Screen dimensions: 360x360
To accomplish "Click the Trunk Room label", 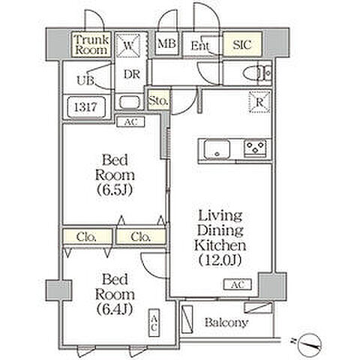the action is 91,45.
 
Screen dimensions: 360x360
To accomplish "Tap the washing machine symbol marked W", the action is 129,46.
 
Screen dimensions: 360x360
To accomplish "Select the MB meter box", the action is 166,44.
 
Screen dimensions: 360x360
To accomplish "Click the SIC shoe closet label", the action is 242,45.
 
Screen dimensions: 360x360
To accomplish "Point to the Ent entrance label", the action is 200,46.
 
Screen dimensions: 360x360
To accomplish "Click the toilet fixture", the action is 257,73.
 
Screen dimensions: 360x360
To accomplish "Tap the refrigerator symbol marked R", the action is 260,102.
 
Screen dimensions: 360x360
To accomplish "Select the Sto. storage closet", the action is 158,100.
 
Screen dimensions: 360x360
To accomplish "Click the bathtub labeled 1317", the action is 86,107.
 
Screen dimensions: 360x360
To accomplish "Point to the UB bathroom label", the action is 85,80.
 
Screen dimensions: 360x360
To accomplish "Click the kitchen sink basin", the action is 217,149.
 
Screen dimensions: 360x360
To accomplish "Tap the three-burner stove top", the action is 255,148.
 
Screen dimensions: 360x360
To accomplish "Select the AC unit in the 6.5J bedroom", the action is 130,122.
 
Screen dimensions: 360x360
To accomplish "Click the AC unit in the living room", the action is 238,284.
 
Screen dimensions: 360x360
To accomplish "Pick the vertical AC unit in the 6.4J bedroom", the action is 154,322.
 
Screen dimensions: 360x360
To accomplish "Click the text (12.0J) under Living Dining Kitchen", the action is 220,260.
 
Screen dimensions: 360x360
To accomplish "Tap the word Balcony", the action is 226,322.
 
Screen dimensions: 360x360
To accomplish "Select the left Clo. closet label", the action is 86,236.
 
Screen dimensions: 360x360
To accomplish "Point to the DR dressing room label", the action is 132,74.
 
